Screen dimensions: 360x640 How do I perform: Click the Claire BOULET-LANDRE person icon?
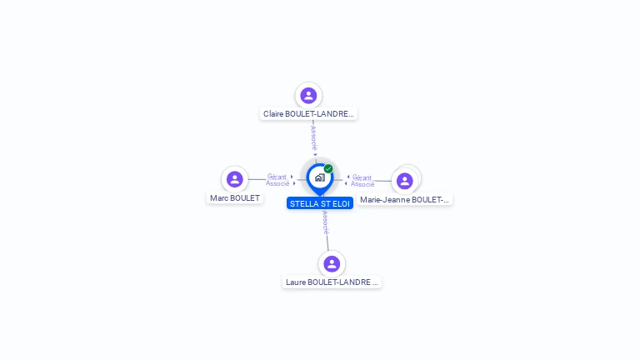click(308, 96)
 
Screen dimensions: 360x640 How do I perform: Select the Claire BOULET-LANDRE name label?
click(308, 113)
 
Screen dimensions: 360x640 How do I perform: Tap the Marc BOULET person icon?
click(235, 179)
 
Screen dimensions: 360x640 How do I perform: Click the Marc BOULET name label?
click(235, 198)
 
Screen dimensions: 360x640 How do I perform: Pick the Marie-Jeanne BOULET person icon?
click(405, 181)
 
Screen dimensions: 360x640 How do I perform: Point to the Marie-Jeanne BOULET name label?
click(405, 200)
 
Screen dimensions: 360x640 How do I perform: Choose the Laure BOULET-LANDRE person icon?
click(332, 264)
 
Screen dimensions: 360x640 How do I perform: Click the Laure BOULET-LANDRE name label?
click(332, 282)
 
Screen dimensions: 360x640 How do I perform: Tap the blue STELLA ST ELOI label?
click(320, 203)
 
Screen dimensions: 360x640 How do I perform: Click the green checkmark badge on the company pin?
click(328, 169)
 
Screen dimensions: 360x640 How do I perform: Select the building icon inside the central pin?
click(319, 177)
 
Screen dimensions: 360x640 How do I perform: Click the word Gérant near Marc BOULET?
click(277, 177)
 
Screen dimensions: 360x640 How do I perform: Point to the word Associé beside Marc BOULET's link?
click(277, 183)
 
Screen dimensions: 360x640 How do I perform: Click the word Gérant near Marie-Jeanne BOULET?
click(362, 177)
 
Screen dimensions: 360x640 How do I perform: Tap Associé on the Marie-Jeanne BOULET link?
click(362, 184)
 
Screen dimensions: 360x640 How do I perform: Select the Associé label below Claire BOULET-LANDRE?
click(313, 138)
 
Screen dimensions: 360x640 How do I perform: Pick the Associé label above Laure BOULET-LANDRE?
click(325, 222)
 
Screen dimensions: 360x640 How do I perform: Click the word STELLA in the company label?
click(303, 203)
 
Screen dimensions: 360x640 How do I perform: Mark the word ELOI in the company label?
click(341, 203)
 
